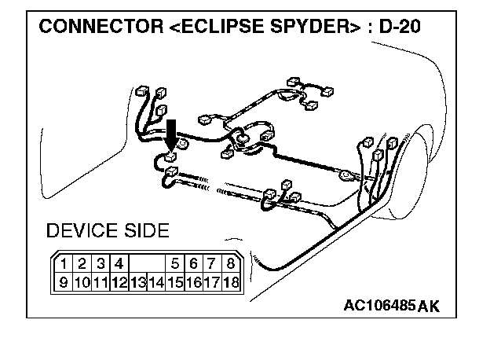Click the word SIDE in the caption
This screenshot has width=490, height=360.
click(x=142, y=231)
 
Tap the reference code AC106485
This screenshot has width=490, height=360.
click(x=379, y=305)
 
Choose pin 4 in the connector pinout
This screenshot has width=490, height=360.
click(x=119, y=263)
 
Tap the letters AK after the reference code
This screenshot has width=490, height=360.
click(x=429, y=306)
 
